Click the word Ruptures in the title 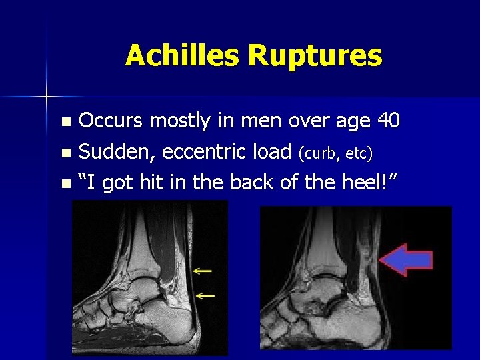click(315, 57)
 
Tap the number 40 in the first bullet click(388, 121)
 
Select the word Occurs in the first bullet click(111, 121)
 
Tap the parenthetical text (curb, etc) click(335, 153)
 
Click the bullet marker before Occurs click(65, 122)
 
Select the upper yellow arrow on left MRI click(203, 271)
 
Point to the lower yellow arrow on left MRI click(205, 294)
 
